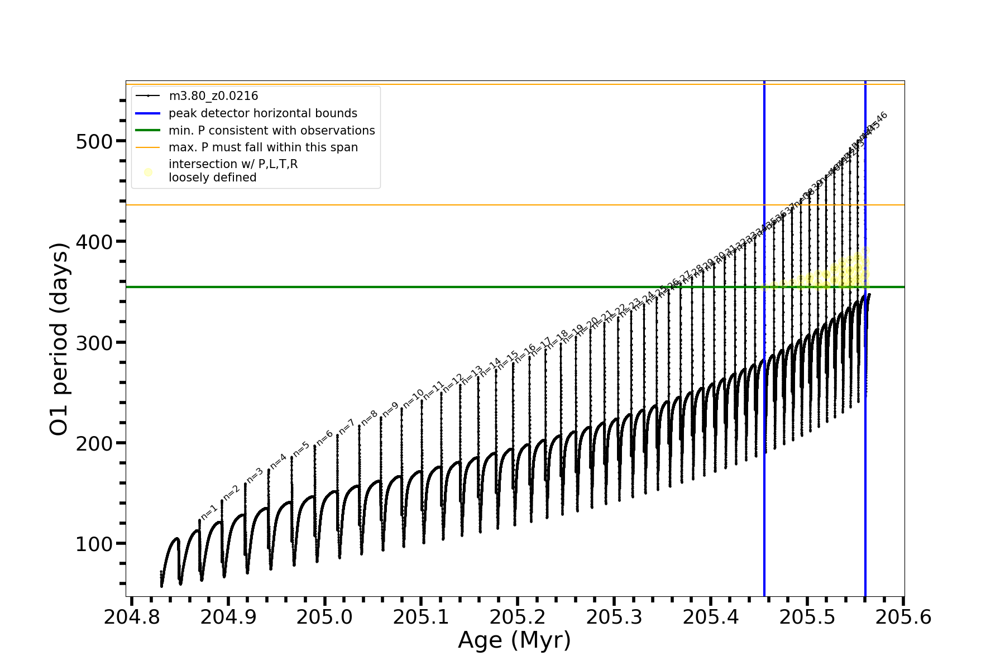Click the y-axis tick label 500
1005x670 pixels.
tap(94, 141)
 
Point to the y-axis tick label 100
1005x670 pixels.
tap(94, 544)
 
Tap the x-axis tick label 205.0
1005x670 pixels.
tap(324, 617)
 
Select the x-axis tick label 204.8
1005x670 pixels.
tap(132, 617)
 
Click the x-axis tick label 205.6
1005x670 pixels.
tap(903, 617)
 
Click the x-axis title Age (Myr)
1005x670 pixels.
tap(514, 640)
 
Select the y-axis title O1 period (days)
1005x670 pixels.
tap(59, 339)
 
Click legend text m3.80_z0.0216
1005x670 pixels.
tap(213, 96)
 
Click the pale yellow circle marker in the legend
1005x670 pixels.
tap(148, 172)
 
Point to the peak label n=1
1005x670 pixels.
tap(209, 512)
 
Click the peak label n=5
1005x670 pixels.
tap(301, 448)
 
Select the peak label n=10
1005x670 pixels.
tap(414, 398)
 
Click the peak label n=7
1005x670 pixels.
tap(347, 427)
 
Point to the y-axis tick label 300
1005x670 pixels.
tap(94, 343)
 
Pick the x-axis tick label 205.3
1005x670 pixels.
tap(614, 617)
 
